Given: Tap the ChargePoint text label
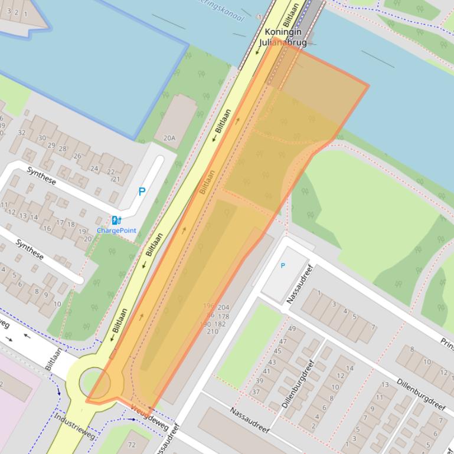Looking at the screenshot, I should (x=116, y=230).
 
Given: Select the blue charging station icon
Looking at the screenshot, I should (x=116, y=221).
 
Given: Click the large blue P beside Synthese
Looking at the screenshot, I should (x=142, y=192).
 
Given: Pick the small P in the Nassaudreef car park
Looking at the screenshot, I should (x=283, y=266).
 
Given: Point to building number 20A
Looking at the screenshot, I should (x=169, y=139).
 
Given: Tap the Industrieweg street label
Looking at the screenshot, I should (x=74, y=426).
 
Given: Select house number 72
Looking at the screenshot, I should (x=130, y=444).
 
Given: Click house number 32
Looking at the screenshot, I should (x=22, y=133).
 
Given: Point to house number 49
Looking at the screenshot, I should (x=292, y=328).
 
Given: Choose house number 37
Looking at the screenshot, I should (x=256, y=392).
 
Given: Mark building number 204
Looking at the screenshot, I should (x=223, y=308).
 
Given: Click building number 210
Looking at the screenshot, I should (x=212, y=331).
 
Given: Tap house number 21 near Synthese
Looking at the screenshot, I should (x=116, y=179).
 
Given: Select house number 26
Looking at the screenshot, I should (x=77, y=156).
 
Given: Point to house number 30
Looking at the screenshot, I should (x=42, y=138).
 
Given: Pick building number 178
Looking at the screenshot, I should (x=223, y=317).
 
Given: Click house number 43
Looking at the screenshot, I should (x=272, y=362).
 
